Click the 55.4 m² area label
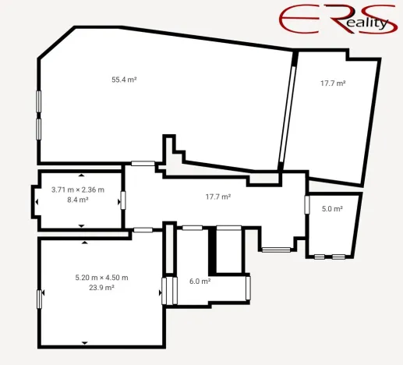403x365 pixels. [124, 80]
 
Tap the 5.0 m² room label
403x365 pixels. [332, 209]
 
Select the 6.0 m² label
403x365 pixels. [200, 282]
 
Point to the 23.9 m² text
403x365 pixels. [101, 288]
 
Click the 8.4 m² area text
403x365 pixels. [78, 200]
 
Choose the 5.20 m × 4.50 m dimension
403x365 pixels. [101, 278]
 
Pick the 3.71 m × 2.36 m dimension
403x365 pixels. [78, 190]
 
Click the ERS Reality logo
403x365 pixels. [338, 19]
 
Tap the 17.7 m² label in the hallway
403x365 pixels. [218, 197]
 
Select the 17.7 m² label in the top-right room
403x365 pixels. [333, 83]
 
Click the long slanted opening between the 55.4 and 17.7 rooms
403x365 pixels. [288, 115]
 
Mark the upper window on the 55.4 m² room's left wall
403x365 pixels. [39, 101]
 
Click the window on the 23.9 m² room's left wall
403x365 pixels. [39, 299]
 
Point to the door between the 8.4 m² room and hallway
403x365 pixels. [123, 200]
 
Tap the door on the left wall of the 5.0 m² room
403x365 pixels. [307, 205]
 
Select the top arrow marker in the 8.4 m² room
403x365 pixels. [82, 175]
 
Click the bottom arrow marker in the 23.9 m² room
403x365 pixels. [84, 343]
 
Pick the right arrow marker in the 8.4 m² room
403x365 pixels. [119, 202]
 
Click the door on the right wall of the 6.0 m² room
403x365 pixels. [248, 288]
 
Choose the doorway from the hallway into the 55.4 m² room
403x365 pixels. [143, 164]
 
